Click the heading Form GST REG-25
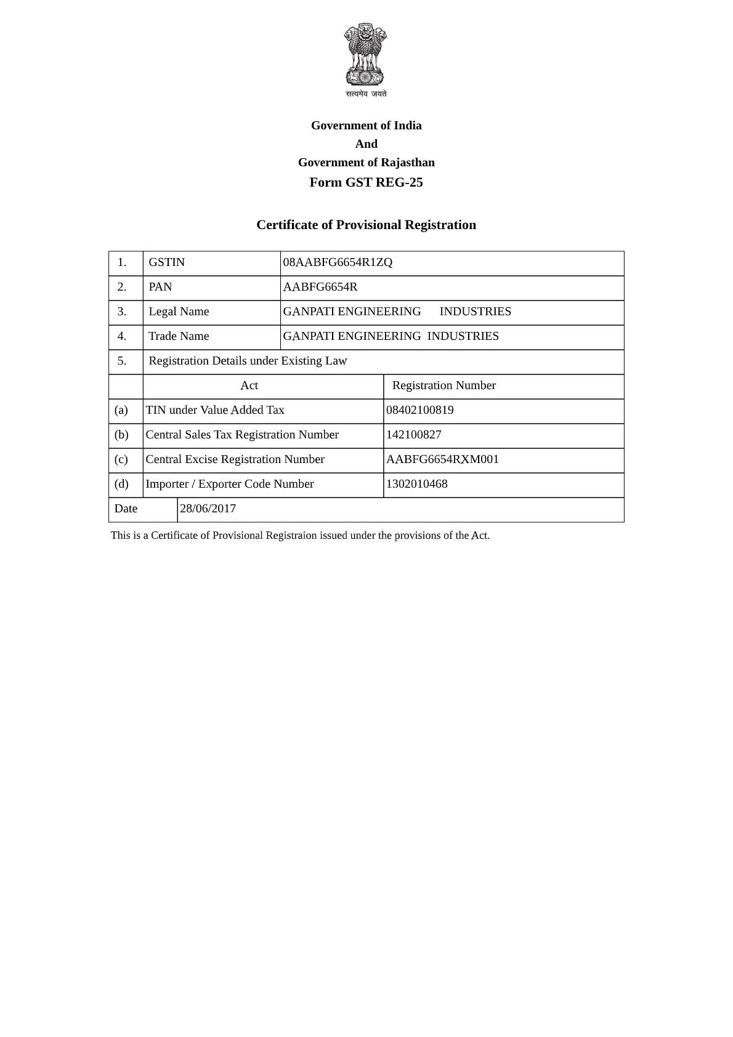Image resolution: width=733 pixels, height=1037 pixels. tap(366, 182)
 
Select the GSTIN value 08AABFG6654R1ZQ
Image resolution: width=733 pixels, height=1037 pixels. tap(338, 262)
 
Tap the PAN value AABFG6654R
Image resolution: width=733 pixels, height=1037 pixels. tap(320, 287)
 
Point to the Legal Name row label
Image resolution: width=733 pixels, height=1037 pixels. tap(179, 312)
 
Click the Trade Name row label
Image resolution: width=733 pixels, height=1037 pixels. tap(179, 336)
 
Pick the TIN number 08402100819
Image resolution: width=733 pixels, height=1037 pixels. tap(420, 410)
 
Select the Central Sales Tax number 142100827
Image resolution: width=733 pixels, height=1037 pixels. tap(414, 435)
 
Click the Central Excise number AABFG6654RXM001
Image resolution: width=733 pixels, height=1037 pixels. tap(443, 459)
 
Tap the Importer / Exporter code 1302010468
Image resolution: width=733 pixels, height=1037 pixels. tap(417, 484)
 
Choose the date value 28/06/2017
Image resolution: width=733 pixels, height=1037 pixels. tap(208, 509)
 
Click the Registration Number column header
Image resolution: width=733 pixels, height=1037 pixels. tap(443, 385)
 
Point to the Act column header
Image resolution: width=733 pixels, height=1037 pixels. tap(249, 385)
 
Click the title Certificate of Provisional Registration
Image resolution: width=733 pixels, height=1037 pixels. tap(366, 225)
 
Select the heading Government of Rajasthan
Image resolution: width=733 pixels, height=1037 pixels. tap(366, 163)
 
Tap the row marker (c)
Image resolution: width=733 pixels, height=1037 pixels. tap(121, 459)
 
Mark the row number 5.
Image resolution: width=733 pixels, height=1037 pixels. tap(122, 361)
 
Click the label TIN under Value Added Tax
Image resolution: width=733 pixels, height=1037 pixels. tap(215, 410)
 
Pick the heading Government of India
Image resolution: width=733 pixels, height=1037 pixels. tap(366, 126)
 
